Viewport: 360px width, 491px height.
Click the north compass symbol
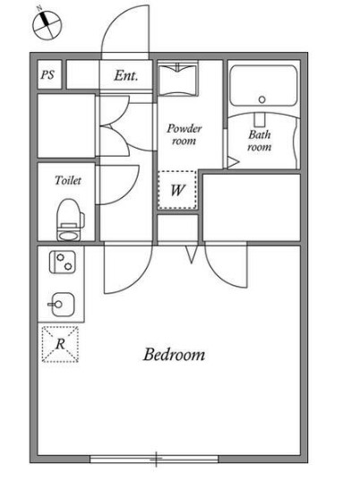pyautogui.click(x=47, y=24)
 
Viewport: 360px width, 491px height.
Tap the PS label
pyautogui.click(x=47, y=74)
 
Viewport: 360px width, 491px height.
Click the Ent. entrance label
pyautogui.click(x=126, y=75)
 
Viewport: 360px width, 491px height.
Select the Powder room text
pyautogui.click(x=184, y=134)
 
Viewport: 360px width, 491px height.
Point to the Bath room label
pyautogui.click(x=260, y=141)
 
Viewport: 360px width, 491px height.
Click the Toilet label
pyautogui.click(x=68, y=180)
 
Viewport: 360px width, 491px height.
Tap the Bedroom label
pyautogui.click(x=174, y=355)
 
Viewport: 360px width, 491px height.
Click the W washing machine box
pyautogui.click(x=177, y=189)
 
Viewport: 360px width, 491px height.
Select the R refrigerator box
pyautogui.click(x=60, y=344)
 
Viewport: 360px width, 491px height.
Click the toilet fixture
pyautogui.click(x=70, y=220)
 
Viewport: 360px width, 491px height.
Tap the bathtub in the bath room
pyautogui.click(x=263, y=85)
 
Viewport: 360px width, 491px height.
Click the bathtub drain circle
pyautogui.click(x=262, y=99)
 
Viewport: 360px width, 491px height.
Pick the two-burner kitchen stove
pyautogui.click(x=63, y=262)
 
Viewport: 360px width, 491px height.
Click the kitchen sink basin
pyautogui.click(x=62, y=305)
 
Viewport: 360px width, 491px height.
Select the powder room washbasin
pyautogui.click(x=178, y=78)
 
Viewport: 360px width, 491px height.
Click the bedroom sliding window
pyautogui.click(x=154, y=459)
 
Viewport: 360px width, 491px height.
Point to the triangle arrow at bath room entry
pyautogui.click(x=232, y=162)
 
